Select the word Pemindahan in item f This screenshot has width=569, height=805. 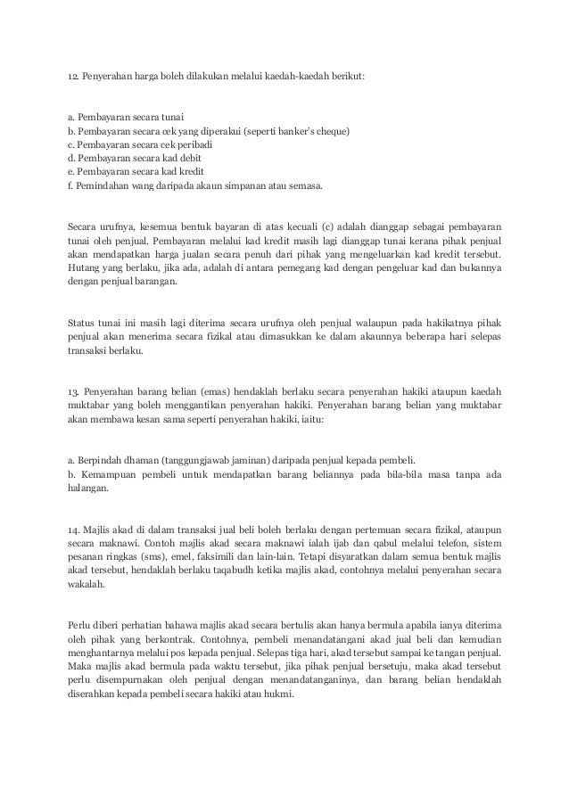(103, 189)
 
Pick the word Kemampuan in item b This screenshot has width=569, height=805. (109, 476)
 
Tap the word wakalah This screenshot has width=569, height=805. (86, 590)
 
